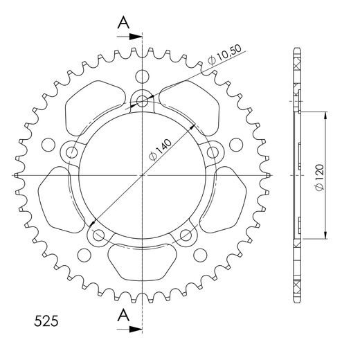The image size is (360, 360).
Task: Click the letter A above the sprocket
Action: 123,23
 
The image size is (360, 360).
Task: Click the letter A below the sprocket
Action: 123,316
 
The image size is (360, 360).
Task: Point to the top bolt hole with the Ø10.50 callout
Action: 142,102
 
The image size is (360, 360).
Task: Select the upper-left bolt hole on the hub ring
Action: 71,152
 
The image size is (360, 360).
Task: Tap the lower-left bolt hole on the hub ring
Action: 97,235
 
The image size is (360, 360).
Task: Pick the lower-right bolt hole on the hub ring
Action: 186,235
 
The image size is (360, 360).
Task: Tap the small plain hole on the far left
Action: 48,145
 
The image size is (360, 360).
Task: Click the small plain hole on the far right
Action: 235,145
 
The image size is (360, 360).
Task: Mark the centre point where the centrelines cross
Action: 142,175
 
